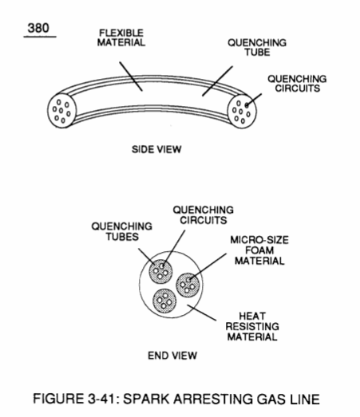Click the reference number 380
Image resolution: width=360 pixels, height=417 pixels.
coord(38,28)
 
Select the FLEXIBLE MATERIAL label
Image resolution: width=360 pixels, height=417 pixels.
coord(121,37)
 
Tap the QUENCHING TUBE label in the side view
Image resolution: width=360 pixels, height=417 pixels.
coord(257,48)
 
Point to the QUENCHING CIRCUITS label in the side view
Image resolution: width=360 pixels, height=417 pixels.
coord(297,84)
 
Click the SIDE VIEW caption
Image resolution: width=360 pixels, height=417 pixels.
coord(156,149)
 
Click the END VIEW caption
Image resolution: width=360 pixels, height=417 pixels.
coord(172,356)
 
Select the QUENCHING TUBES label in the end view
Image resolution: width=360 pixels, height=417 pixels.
coord(122,232)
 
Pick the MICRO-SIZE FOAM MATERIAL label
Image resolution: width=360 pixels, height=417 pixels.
coord(259,250)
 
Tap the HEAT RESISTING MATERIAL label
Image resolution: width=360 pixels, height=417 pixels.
coord(252,327)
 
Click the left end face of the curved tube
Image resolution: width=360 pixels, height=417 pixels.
coord(61,110)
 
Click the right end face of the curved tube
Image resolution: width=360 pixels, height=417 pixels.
coord(242,112)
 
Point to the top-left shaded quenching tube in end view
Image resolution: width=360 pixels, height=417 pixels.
coord(160,272)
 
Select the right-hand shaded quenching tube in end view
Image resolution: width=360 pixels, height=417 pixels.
coord(188,285)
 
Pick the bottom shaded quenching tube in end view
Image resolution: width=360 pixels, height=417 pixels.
coord(164,301)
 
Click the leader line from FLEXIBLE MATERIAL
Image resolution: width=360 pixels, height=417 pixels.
coord(131,77)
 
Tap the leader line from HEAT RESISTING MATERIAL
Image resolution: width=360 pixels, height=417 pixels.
coord(202,313)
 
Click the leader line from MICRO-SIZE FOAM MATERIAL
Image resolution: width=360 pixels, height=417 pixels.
coord(208,266)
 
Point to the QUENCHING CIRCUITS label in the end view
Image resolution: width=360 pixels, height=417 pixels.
coord(204,215)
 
